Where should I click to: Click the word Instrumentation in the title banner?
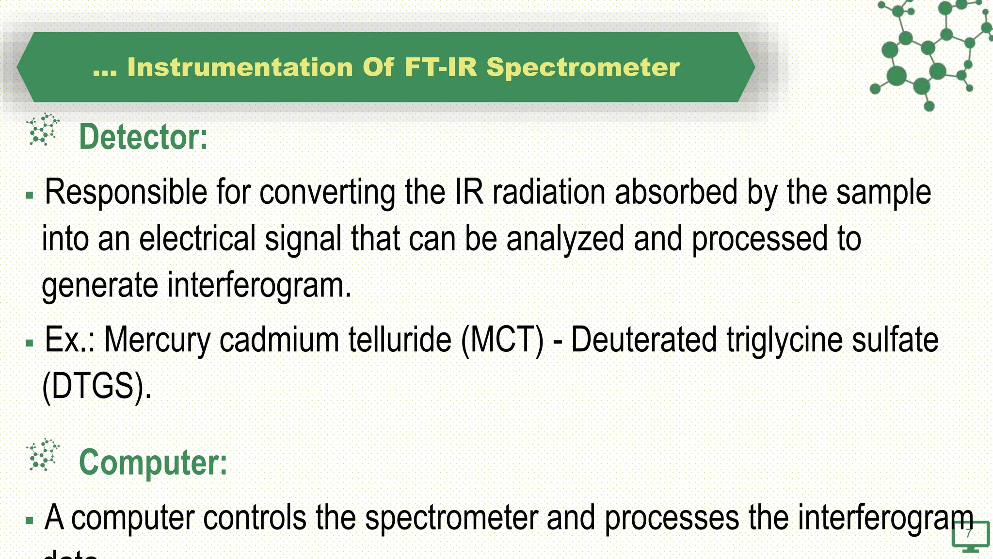[240, 67]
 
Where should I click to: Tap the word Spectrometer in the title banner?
[583, 67]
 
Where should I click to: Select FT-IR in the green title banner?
[441, 67]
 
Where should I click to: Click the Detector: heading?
[143, 137]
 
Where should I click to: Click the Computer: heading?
[153, 462]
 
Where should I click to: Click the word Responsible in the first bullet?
[126, 193]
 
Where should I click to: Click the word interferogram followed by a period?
[259, 285]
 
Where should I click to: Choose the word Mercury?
[157, 340]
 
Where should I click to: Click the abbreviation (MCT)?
[502, 340]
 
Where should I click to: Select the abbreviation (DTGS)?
[96, 386]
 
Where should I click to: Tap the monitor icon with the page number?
[970, 537]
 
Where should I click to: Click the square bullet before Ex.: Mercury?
[30, 343]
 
